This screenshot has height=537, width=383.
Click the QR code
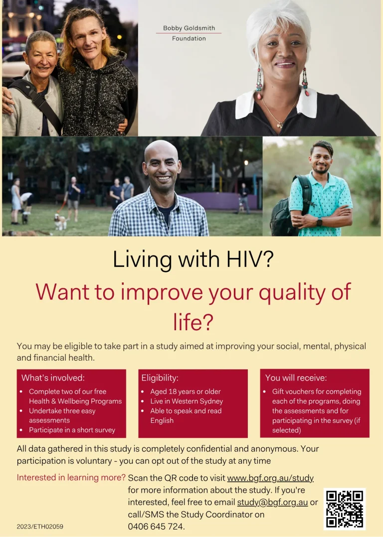point(344,509)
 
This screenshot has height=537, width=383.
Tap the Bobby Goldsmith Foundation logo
point(189,33)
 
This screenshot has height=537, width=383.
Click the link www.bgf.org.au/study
point(270,478)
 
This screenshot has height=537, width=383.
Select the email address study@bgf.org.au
point(272,502)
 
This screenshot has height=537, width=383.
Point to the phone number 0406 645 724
point(156,527)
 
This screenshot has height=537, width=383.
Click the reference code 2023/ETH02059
point(40,527)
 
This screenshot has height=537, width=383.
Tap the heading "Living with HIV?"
point(193,259)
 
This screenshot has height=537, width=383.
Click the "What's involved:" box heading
point(53,378)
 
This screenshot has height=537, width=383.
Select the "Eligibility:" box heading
point(160,378)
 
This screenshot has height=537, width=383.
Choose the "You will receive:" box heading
point(296,378)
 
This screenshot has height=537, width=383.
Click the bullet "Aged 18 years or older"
point(185,392)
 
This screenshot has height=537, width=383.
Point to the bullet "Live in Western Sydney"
point(187,401)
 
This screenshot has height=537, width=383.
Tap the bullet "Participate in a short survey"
point(72,430)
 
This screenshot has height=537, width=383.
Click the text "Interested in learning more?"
point(71,477)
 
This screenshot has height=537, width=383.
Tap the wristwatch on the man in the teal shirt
point(319,222)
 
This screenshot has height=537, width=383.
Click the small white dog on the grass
point(60,222)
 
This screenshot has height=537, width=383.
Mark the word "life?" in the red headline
point(193,322)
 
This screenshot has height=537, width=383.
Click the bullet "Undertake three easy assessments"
point(62,415)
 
